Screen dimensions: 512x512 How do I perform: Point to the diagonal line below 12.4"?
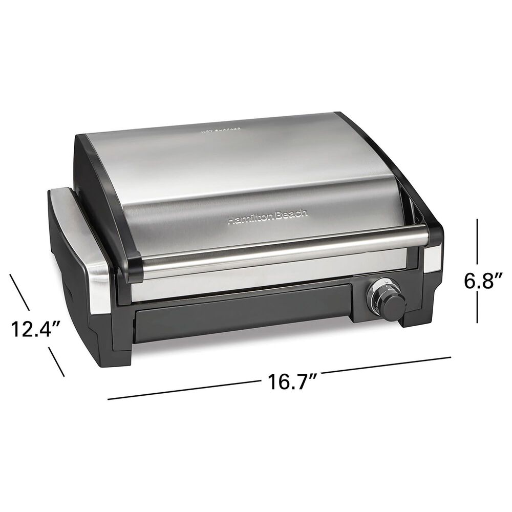click(x=56, y=361)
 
